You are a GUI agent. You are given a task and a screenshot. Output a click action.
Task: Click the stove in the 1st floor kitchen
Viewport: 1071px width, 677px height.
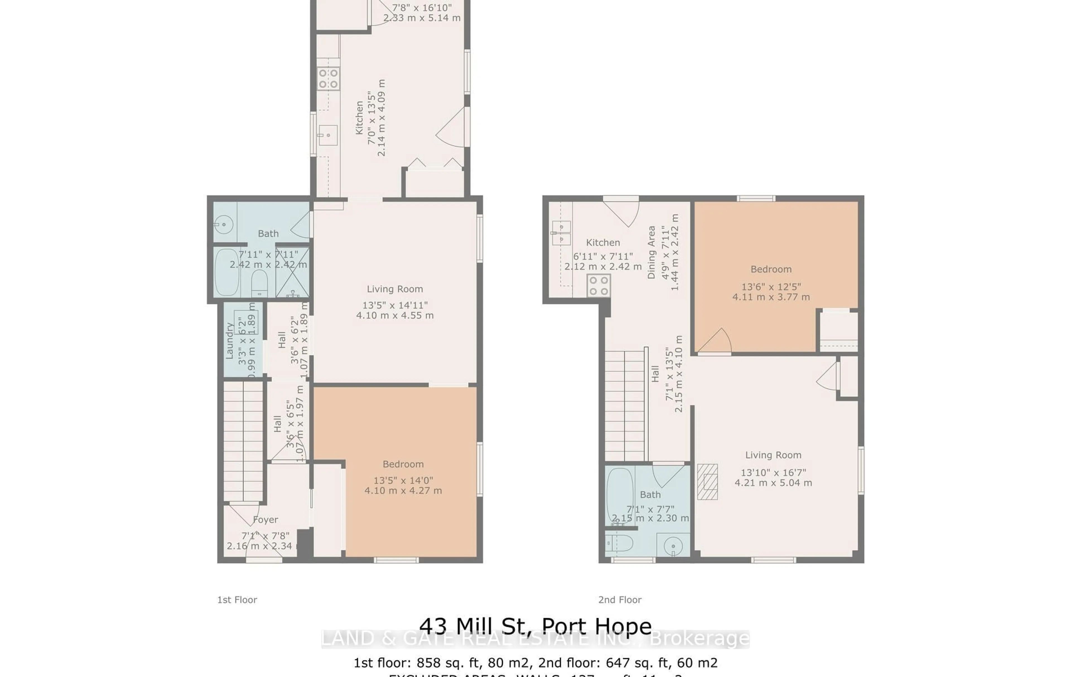point(328,79)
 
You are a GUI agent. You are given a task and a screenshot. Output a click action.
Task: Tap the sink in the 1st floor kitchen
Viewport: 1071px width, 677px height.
point(328,135)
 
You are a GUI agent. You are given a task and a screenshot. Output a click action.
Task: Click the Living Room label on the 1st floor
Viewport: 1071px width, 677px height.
point(394,289)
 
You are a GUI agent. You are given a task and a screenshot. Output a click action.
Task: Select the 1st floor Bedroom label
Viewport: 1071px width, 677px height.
point(403,464)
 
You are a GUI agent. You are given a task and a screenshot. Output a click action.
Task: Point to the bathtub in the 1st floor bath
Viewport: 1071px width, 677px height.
point(227,272)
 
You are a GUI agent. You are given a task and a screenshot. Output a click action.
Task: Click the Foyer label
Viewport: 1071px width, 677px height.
point(266,520)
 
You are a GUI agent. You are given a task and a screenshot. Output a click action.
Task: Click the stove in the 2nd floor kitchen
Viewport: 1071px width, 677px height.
point(598,285)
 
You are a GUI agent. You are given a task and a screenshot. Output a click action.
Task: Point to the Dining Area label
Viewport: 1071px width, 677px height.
point(652,252)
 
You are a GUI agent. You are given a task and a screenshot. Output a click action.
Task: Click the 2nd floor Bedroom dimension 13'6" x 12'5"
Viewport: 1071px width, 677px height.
point(771,287)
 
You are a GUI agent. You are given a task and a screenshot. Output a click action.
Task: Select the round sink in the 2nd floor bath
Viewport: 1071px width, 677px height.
point(673,546)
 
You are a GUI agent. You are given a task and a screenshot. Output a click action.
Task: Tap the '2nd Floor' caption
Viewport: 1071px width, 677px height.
point(619,600)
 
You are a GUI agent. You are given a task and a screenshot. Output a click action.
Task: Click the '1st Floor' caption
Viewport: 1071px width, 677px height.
point(237,600)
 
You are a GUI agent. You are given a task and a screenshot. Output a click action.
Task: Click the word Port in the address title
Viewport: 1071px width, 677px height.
point(562,626)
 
